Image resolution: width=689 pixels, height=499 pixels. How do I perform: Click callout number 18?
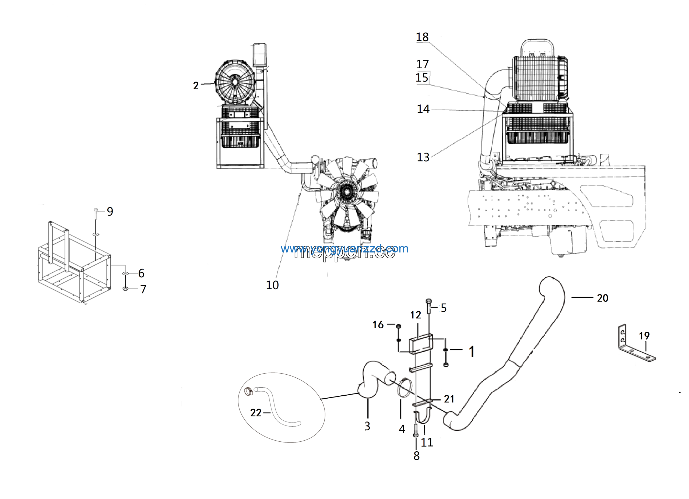click(422, 37)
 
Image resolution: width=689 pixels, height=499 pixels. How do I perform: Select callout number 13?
click(423, 157)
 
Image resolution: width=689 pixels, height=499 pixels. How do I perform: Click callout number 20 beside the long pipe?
click(602, 298)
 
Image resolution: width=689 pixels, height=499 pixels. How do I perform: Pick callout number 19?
click(644, 336)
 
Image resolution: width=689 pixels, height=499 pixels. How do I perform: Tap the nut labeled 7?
click(125, 289)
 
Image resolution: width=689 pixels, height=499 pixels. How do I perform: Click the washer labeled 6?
click(125, 274)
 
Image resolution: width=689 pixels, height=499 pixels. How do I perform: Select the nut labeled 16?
click(399, 326)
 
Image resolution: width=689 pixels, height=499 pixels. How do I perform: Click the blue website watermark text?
click(344, 249)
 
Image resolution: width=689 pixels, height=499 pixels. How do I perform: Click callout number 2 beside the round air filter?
click(196, 86)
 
